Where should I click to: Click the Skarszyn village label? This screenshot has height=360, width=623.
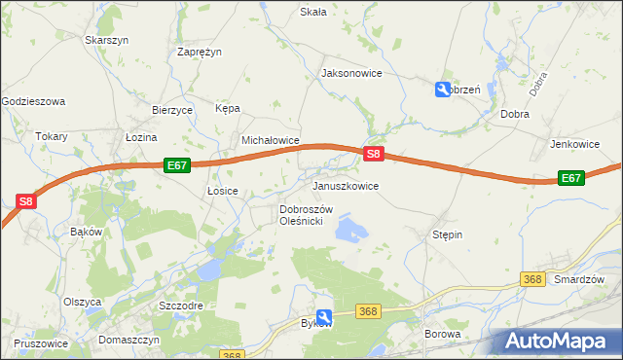pyautogui.click(x=107, y=40)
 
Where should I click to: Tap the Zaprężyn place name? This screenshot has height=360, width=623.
pyautogui.click(x=202, y=53)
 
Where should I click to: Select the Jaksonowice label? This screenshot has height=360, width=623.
pyautogui.click(x=351, y=73)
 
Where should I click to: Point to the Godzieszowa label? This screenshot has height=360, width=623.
pyautogui.click(x=33, y=101)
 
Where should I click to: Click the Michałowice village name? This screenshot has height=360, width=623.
pyautogui.click(x=270, y=140)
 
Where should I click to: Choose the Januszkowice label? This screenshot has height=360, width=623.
pyautogui.click(x=345, y=185)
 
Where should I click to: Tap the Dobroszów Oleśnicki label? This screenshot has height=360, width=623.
pyautogui.click(x=307, y=215)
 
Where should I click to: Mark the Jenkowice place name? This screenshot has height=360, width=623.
pyautogui.click(x=574, y=144)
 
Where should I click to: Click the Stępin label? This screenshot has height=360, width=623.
pyautogui.click(x=447, y=234)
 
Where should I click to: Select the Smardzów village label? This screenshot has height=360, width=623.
pyautogui.click(x=579, y=279)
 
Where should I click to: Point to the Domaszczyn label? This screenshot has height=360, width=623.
pyautogui.click(x=128, y=341)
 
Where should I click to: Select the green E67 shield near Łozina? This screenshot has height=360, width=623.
pyautogui.click(x=176, y=165)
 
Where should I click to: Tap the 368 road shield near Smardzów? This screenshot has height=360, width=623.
pyautogui.click(x=531, y=279)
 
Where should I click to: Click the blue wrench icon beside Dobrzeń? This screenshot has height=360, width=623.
pyautogui.click(x=442, y=90)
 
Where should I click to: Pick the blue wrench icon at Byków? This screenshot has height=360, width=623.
pyautogui.click(x=324, y=317)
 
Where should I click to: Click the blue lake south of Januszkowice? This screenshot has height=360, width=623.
pyautogui.click(x=349, y=230)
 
